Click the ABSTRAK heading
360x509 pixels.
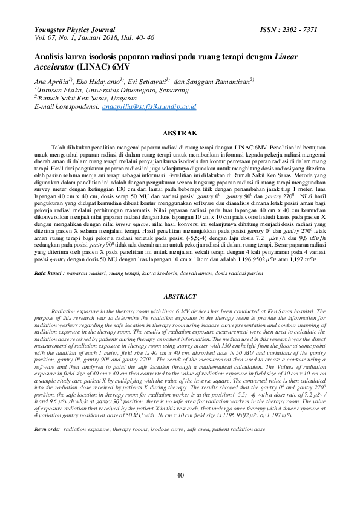(180, 132)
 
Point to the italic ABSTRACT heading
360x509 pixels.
(180, 296)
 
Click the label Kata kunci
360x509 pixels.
(48, 273)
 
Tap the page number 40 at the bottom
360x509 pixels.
(180, 476)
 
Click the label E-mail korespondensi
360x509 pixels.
(67, 106)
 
